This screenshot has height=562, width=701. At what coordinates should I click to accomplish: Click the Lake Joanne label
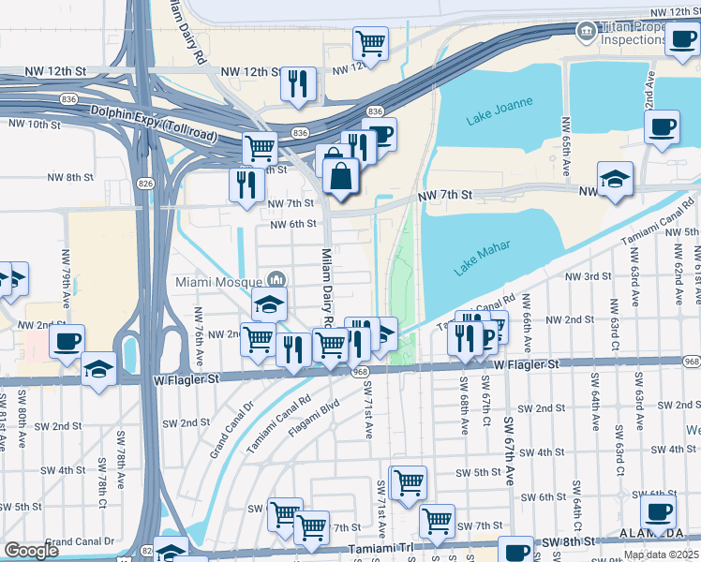click(x=499, y=111)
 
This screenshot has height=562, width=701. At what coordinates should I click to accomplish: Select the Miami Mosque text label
click(x=218, y=280)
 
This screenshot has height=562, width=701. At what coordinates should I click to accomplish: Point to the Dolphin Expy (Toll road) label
click(x=153, y=119)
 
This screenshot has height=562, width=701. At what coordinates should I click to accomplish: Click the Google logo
click(x=31, y=551)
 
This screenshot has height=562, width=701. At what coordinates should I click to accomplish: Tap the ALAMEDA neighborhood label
click(x=650, y=532)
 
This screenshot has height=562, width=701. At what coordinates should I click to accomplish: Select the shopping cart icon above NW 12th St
click(x=371, y=43)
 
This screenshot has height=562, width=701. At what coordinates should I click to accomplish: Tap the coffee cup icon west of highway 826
click(x=67, y=342)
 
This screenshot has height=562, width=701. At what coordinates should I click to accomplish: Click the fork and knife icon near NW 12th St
click(x=298, y=83)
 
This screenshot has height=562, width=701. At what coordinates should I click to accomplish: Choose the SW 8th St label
click(x=568, y=540)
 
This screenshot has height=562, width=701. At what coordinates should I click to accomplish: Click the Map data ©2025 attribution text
click(x=661, y=555)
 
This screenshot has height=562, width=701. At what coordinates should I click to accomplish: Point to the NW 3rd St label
click(x=587, y=276)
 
